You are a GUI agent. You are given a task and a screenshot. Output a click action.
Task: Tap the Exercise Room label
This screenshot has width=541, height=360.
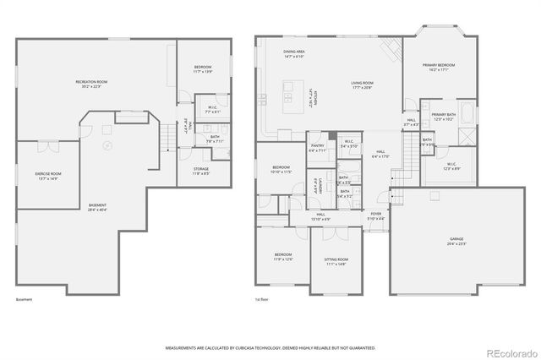pyautogui.click(x=49, y=175)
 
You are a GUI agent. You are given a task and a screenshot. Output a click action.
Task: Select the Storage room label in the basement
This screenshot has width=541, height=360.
pyautogui.click(x=200, y=171)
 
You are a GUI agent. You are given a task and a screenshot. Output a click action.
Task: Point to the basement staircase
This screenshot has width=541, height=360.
pyautogui.click(x=170, y=136)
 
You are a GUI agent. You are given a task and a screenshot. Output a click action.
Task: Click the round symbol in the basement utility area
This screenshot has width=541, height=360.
pyautogui.click(x=107, y=145)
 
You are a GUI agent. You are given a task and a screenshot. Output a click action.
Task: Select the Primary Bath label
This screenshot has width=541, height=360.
pyautogui.click(x=444, y=117)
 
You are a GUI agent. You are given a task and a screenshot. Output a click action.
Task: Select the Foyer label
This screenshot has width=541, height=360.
pyautogui.click(x=376, y=216)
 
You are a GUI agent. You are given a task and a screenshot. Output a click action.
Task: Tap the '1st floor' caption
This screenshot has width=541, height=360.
pyautogui.click(x=263, y=299)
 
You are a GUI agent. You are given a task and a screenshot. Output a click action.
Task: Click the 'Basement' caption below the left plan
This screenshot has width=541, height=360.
pyautogui.click(x=24, y=299)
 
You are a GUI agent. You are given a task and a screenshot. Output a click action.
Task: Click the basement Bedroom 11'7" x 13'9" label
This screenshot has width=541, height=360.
pyautogui.click(x=202, y=69)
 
